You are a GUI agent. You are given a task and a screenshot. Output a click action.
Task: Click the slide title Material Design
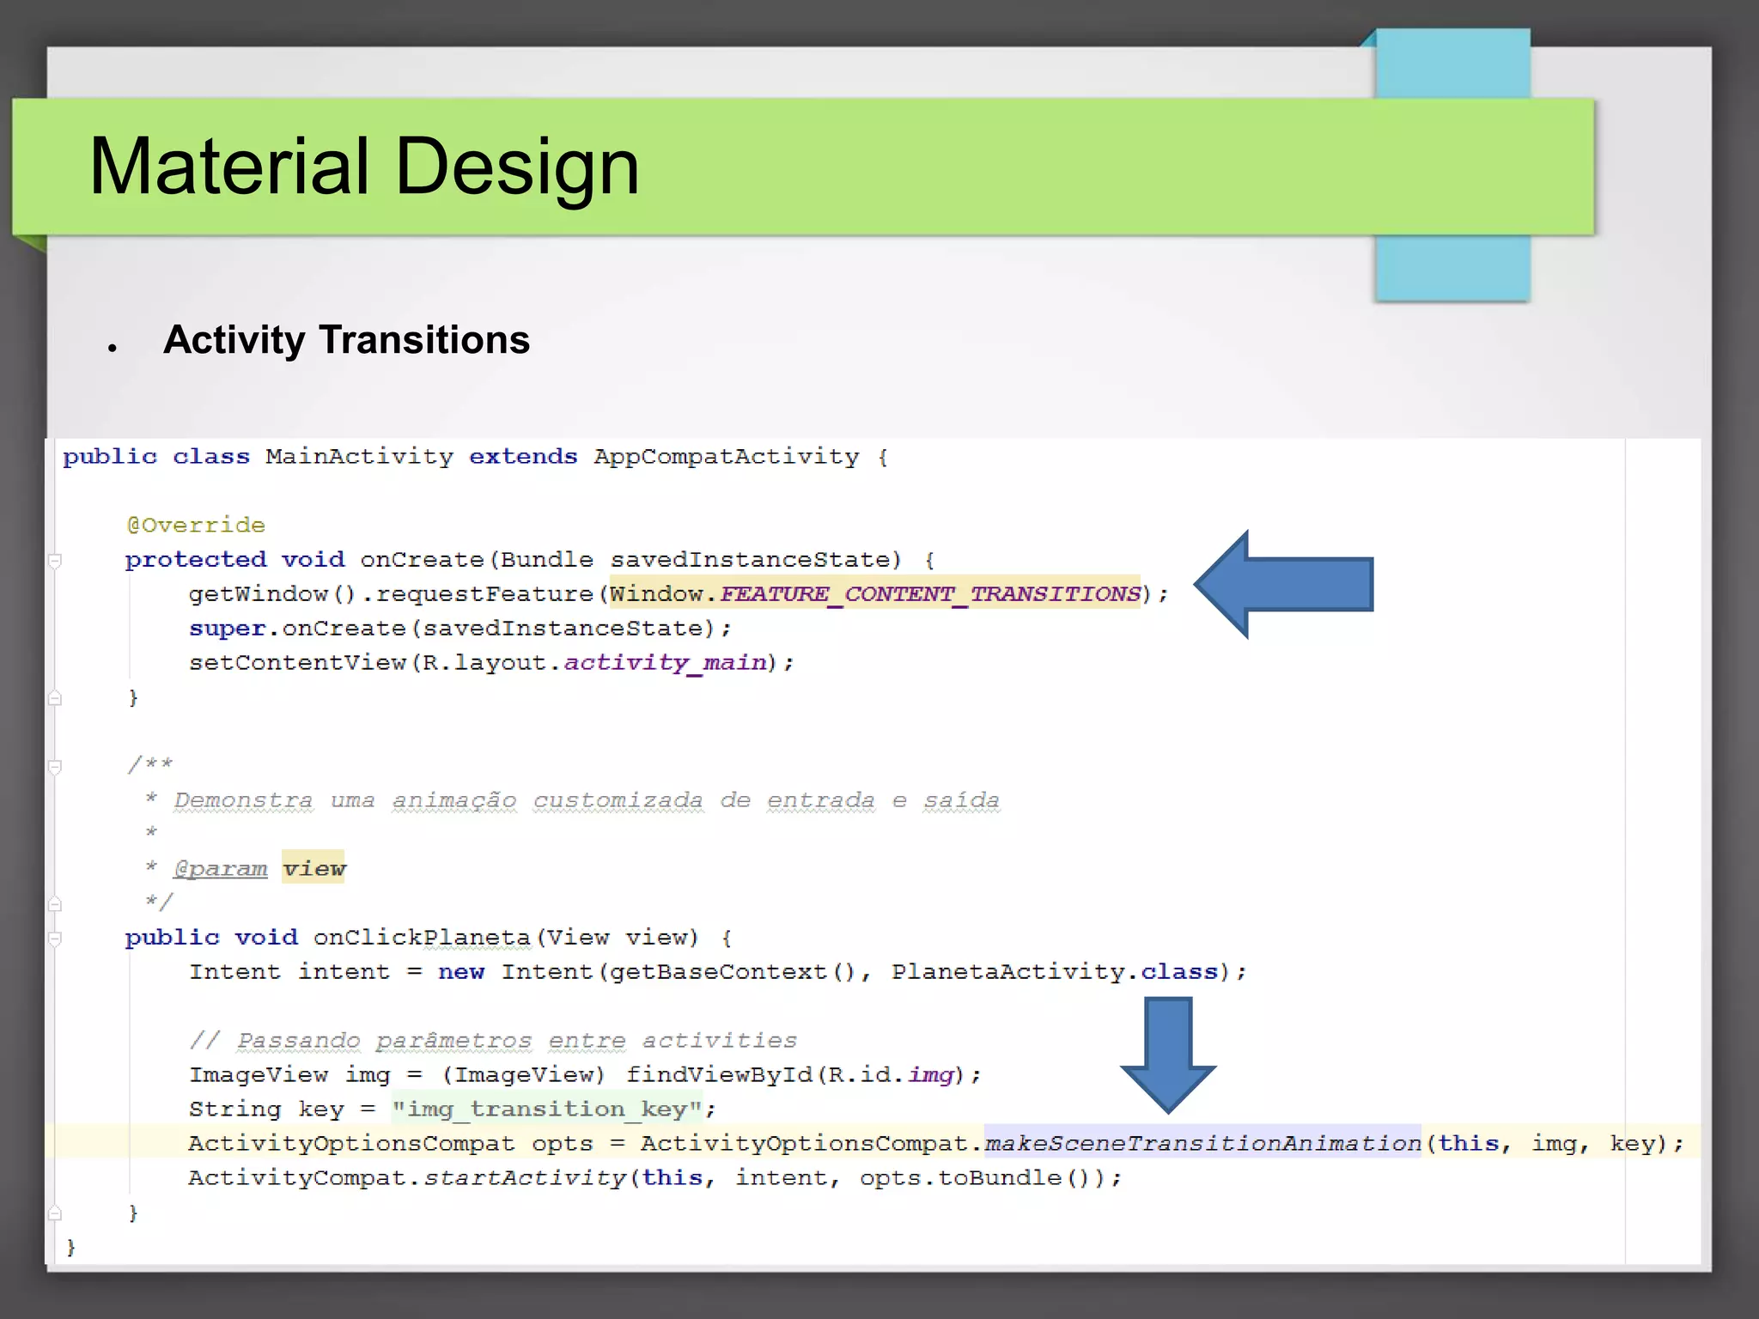(x=364, y=167)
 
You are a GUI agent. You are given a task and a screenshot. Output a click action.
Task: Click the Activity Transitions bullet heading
(x=346, y=340)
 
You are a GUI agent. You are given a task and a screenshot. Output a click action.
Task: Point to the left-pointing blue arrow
(x=1284, y=584)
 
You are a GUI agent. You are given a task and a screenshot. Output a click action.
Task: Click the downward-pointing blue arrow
(x=1168, y=1053)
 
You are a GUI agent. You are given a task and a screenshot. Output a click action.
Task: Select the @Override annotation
(x=196, y=525)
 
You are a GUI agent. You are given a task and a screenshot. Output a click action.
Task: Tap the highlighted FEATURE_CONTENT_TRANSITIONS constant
(x=930, y=593)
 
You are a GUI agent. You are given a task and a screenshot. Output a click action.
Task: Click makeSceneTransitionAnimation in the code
(x=1202, y=1143)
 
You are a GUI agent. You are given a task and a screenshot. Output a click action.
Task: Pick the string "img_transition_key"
(x=547, y=1109)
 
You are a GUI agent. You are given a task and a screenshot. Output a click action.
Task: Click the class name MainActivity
(x=359, y=456)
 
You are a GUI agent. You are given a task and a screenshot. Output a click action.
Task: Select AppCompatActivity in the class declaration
(x=726, y=456)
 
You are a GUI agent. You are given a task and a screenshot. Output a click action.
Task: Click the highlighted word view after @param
(x=313, y=868)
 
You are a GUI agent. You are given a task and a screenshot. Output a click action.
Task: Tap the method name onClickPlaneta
(x=422, y=937)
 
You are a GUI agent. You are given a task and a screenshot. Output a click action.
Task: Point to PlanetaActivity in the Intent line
(x=1007, y=971)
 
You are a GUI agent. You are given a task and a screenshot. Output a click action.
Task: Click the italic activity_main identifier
(x=665, y=662)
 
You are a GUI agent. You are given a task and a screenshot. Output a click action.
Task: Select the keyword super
(x=227, y=628)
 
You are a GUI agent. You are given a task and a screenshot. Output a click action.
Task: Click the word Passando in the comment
(x=298, y=1040)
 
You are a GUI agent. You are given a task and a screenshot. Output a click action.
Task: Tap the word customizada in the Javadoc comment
(x=618, y=799)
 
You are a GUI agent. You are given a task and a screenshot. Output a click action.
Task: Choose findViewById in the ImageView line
(x=719, y=1074)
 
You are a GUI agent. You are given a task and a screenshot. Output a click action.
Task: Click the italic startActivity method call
(x=525, y=1177)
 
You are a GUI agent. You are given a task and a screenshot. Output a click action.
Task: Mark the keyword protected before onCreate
(x=195, y=559)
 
